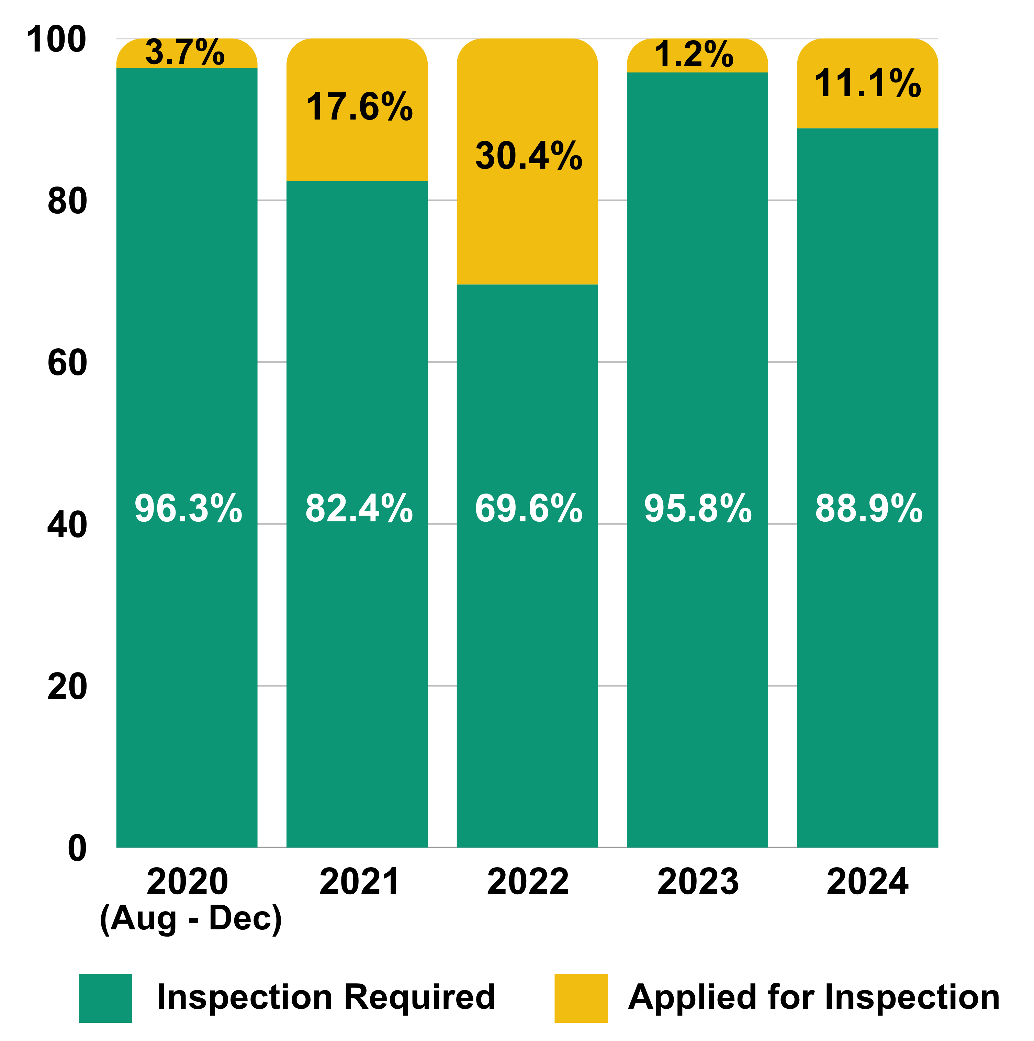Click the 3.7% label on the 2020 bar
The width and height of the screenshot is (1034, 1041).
click(185, 53)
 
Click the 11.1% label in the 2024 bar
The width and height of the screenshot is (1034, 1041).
click(867, 84)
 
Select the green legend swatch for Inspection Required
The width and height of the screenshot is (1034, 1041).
click(105, 998)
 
